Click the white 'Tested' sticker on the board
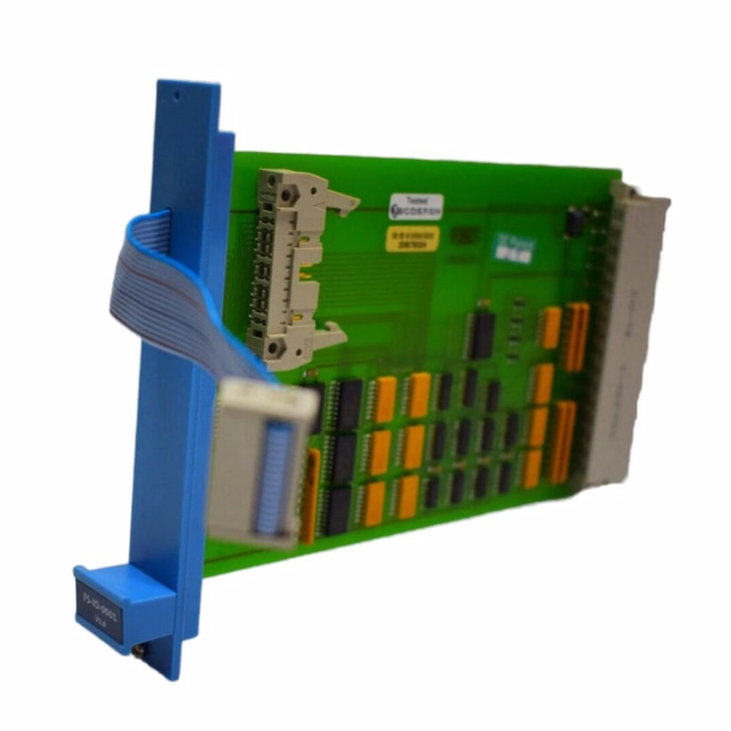tap(416, 206)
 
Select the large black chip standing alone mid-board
tap(482, 334)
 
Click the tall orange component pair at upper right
tap(576, 336)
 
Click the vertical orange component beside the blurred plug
tap(312, 493)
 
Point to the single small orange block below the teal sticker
tap(549, 327)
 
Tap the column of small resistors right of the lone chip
tap(517, 324)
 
